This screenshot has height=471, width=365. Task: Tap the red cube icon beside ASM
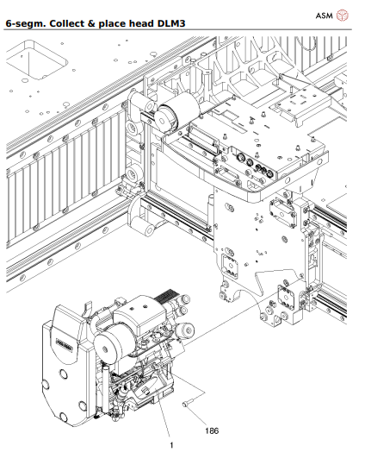[x=343, y=15]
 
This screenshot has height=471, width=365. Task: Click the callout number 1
[x=171, y=445]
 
